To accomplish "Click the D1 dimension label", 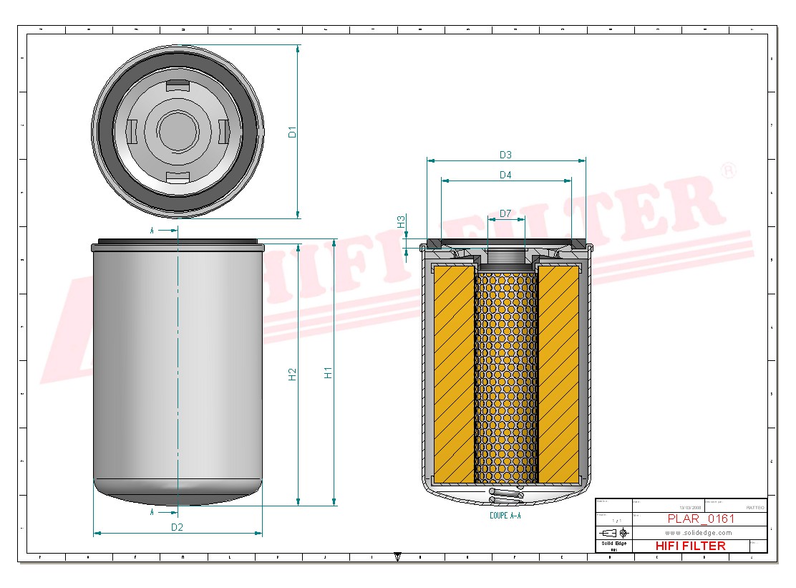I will pyautogui.click(x=292, y=132).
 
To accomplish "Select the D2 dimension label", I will pyautogui.click(x=177, y=527).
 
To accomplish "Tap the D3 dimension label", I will pyautogui.click(x=505, y=155).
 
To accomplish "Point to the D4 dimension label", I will pyautogui.click(x=505, y=175).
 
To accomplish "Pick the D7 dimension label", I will pyautogui.click(x=505, y=213).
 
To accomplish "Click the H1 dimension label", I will pyautogui.click(x=329, y=372).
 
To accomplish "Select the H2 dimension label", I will pyautogui.click(x=292, y=374).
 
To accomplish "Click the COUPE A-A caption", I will pyautogui.click(x=505, y=516).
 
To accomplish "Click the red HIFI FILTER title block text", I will pyautogui.click(x=690, y=546).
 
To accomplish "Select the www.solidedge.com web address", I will pyautogui.click(x=698, y=533).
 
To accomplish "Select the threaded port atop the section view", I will pyautogui.click(x=506, y=254).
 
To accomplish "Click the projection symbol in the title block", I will pyautogui.click(x=614, y=533).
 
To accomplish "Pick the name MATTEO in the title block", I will pyautogui.click(x=754, y=507).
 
